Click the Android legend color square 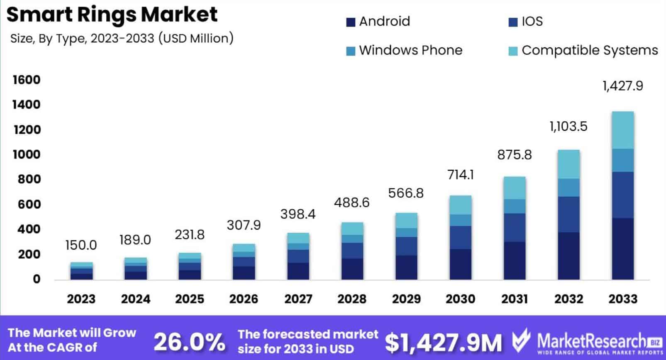[351, 22]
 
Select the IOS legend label [532, 21]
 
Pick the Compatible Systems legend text [589, 50]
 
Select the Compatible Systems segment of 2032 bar [568, 164]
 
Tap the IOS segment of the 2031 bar [515, 228]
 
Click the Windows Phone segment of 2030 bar [461, 220]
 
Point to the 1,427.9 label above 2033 [622, 86]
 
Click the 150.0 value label [81, 245]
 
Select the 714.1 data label [461, 175]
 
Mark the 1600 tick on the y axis [27, 80]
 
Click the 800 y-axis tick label [29, 179]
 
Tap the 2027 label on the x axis [298, 299]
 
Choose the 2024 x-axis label [135, 299]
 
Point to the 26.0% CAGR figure [189, 342]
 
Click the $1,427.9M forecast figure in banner [443, 342]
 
